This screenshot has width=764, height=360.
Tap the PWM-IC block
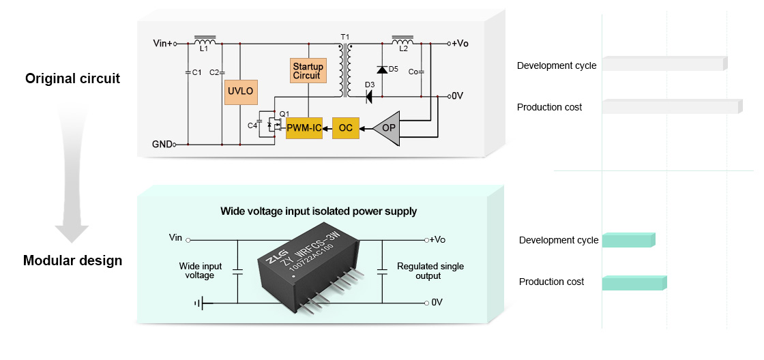(x=304, y=128)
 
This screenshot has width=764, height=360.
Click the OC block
(x=346, y=128)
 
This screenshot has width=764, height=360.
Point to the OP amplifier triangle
(x=386, y=128)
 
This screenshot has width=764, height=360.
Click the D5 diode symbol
(x=382, y=70)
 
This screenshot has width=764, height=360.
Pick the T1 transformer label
(x=344, y=35)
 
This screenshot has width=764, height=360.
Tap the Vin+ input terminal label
(x=163, y=44)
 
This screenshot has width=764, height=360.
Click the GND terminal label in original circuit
(x=162, y=145)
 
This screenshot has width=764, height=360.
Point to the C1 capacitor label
(x=196, y=72)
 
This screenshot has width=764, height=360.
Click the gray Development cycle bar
(x=664, y=64)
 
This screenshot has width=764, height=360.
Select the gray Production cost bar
(x=671, y=107)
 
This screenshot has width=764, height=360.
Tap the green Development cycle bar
(x=628, y=240)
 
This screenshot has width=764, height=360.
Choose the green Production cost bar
(x=634, y=283)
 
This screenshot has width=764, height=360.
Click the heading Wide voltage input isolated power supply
(x=319, y=211)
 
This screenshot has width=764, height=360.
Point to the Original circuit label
(x=72, y=79)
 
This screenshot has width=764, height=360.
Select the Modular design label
(x=72, y=260)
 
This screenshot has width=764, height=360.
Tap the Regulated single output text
(x=430, y=271)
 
